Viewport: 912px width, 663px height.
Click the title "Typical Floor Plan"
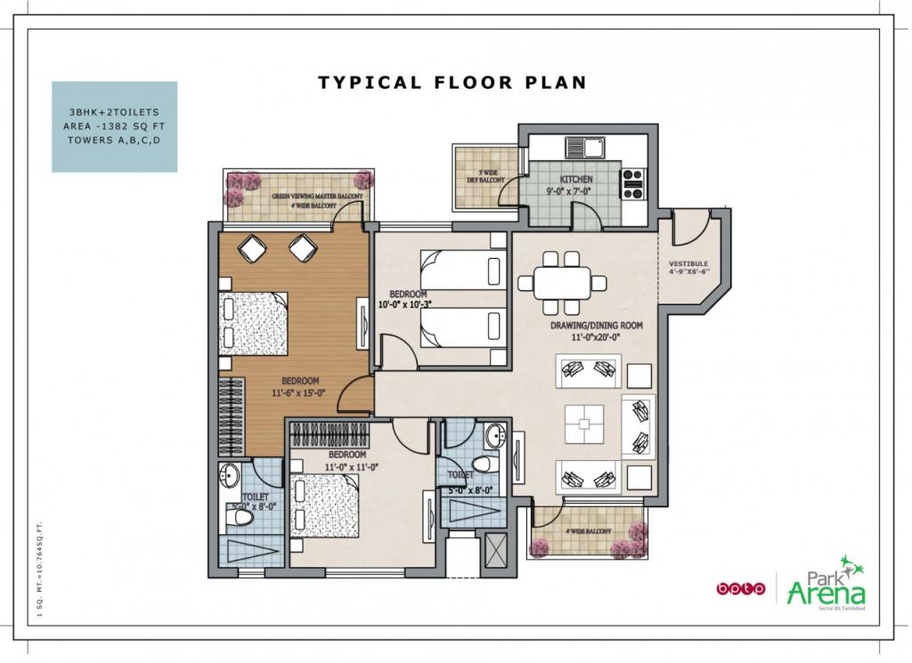(x=452, y=83)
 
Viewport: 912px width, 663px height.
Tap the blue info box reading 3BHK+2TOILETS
(x=114, y=126)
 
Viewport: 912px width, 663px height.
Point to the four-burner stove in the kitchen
(x=633, y=182)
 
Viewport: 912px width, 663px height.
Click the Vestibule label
(x=688, y=268)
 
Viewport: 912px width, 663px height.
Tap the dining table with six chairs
(x=562, y=282)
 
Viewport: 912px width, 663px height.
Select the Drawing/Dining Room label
(x=596, y=331)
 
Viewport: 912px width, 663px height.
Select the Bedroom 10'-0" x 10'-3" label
(x=411, y=299)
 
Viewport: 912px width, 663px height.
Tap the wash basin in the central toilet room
(x=495, y=436)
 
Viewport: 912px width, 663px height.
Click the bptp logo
(x=740, y=588)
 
